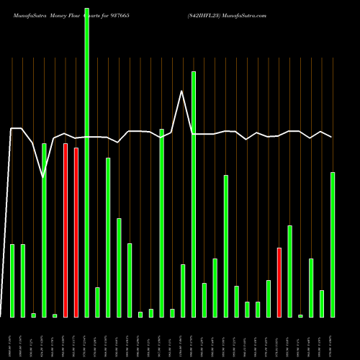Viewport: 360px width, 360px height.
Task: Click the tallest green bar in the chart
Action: point(86,158)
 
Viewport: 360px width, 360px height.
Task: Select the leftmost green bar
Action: point(12,281)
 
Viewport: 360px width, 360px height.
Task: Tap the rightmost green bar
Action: point(332,245)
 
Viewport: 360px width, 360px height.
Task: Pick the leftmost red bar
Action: point(66,230)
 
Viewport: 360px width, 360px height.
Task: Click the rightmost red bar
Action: point(279,282)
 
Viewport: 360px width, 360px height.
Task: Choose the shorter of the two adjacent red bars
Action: point(76,233)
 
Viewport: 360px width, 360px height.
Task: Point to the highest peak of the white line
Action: point(182,91)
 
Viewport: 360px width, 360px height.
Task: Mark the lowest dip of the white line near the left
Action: point(43,176)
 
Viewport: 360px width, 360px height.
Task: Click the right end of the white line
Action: point(332,137)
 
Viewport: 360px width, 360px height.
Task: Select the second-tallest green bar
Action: point(193,194)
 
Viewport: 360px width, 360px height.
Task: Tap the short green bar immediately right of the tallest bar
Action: point(97,302)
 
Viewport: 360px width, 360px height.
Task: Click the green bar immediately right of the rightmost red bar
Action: point(289,271)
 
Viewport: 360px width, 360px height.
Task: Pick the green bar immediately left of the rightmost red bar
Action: point(268,299)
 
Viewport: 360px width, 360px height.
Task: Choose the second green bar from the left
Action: point(23,281)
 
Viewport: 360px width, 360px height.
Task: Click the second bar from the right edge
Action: point(321,304)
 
